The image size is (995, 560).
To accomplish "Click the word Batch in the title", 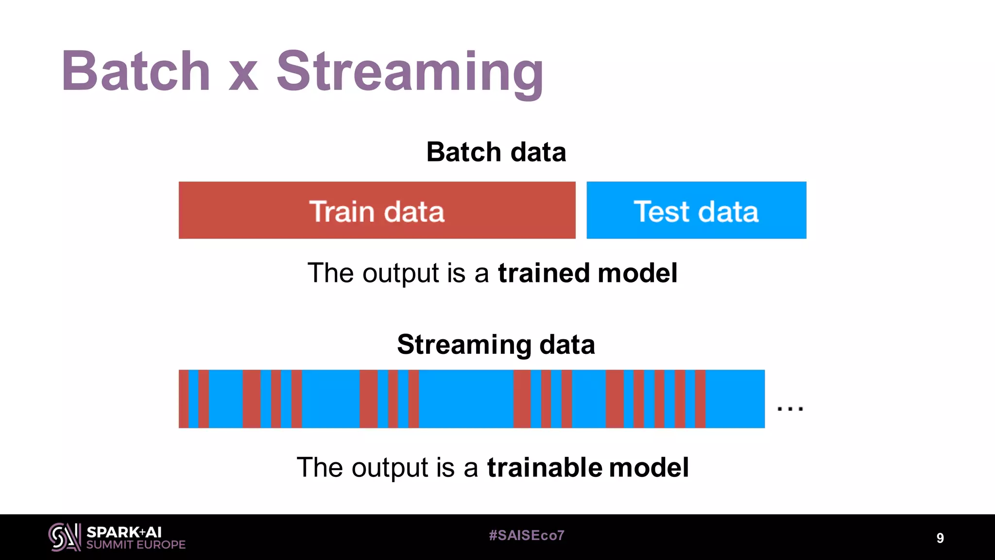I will (136, 71).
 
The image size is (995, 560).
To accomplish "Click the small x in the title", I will (243, 78).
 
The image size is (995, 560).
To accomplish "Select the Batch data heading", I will (496, 152).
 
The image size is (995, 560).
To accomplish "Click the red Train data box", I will (377, 210).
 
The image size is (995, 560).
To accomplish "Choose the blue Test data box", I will (696, 210).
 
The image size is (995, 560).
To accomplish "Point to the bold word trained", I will (544, 273).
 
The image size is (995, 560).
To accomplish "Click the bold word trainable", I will (545, 467).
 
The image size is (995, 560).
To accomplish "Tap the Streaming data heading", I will (496, 345).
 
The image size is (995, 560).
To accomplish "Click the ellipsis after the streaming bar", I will (790, 408).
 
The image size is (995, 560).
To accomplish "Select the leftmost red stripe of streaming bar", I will (183, 399).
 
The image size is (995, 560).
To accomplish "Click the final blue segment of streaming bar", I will (735, 399).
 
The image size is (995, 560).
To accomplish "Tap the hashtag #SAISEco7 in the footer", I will (527, 535).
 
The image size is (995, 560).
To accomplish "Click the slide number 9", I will (940, 538).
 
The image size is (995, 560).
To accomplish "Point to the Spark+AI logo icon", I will (65, 537).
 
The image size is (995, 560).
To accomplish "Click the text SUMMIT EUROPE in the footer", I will (136, 545).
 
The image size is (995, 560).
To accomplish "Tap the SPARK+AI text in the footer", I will (124, 532).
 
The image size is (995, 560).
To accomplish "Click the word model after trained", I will (637, 273).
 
